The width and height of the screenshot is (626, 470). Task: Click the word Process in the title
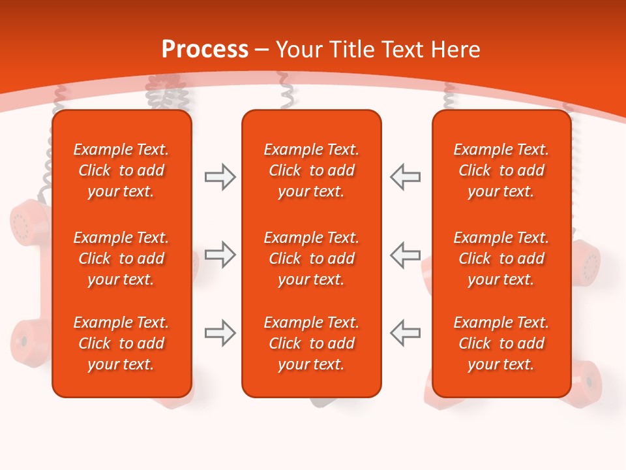pos(205,50)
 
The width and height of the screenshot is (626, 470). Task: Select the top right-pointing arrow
pos(220,177)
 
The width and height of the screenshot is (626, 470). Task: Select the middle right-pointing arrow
pos(220,255)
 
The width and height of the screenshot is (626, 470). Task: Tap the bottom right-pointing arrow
pos(220,333)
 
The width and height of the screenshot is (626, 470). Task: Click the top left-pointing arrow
pos(406,177)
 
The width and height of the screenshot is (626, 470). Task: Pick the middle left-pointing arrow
pos(406,255)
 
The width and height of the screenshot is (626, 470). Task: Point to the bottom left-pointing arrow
pos(406,333)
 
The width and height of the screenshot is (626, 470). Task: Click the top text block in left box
pos(121,170)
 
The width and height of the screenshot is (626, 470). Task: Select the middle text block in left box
pos(121,258)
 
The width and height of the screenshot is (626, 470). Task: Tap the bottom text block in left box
pos(121,343)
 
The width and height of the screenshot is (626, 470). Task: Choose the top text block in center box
pos(311,170)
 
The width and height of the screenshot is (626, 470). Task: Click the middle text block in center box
pos(311,258)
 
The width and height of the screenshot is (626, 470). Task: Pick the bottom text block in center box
pos(311,343)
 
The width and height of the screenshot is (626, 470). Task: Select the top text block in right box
pos(501,170)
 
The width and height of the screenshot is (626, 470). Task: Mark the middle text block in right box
pos(501,258)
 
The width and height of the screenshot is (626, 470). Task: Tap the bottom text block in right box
pos(501,343)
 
